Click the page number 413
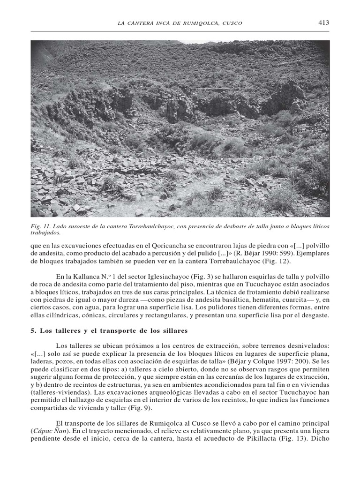tap(323, 22)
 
